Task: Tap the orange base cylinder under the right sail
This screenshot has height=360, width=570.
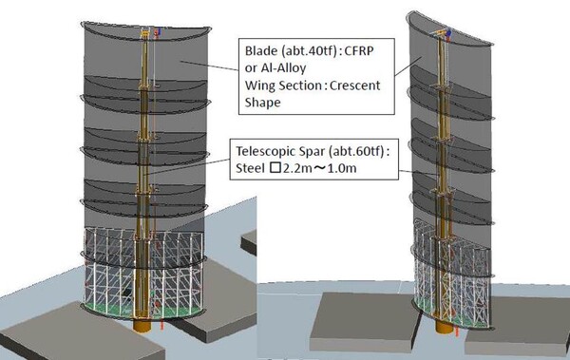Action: pyautogui.click(x=444, y=323)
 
